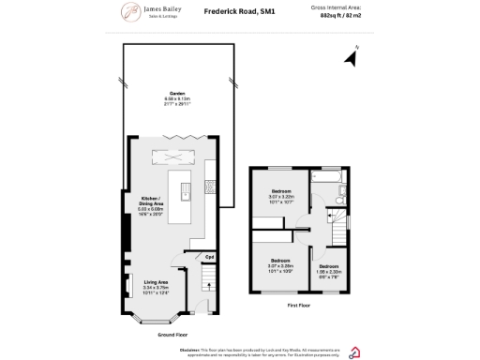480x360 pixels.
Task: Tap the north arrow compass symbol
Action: (x=352, y=58)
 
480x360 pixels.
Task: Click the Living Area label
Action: (x=156, y=286)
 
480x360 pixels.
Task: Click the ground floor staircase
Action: (x=210, y=281)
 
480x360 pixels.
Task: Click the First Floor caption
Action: (x=299, y=305)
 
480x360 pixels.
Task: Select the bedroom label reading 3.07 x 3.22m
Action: (x=282, y=196)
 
